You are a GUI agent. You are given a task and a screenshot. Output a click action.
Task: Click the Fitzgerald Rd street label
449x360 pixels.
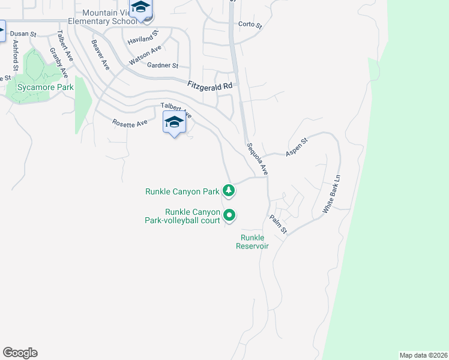[209, 86]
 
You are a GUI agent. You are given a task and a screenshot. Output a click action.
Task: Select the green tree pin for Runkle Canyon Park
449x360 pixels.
[228, 191]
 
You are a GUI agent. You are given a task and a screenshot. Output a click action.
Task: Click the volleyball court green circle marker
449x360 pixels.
[229, 214]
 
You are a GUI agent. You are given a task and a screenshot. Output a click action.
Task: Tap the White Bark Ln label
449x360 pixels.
[331, 194]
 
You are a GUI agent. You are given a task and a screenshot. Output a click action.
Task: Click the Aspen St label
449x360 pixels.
[296, 147]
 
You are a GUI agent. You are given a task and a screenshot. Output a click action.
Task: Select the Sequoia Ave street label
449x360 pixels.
[258, 158]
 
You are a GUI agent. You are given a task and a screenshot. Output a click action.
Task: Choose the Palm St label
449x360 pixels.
[279, 224]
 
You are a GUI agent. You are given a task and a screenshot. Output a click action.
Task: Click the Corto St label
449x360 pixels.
[250, 25]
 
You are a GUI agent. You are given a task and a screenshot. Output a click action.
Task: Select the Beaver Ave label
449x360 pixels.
[100, 54]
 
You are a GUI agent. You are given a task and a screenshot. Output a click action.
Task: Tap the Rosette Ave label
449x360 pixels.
[130, 123]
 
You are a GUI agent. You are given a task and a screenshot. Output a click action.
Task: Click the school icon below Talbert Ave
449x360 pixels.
[174, 122]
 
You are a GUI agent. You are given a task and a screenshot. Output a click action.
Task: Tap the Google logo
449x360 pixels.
[20, 353]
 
